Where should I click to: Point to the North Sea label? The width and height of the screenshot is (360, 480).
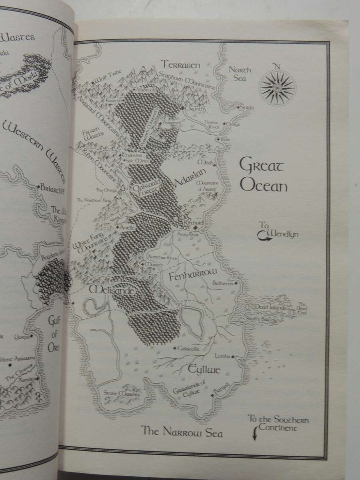tap(240, 74)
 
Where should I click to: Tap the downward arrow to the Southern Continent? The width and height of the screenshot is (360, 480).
tap(254, 435)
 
